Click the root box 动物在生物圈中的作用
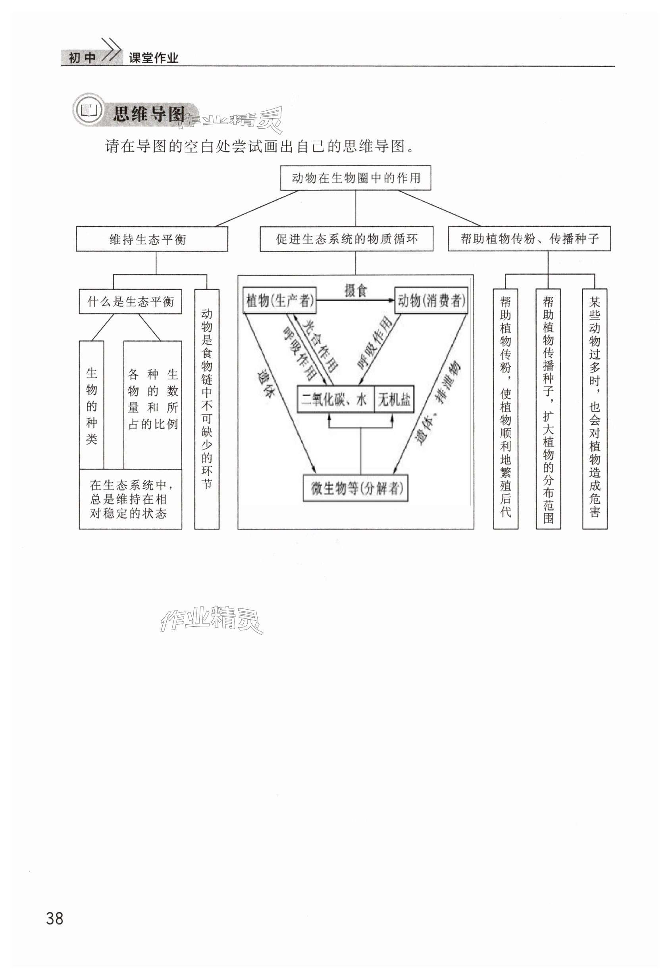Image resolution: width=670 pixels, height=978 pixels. point(356,178)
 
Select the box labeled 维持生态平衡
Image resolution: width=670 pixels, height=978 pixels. point(152,239)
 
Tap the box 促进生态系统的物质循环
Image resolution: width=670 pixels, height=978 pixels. point(347,239)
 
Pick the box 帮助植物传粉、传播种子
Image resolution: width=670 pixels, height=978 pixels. point(529,239)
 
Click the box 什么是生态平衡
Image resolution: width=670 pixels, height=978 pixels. point(130,301)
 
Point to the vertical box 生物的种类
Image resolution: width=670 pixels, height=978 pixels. point(91,405)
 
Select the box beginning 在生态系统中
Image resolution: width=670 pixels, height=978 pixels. point(131,499)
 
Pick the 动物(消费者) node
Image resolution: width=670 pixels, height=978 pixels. point(431,300)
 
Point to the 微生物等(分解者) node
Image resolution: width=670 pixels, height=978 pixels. point(356,488)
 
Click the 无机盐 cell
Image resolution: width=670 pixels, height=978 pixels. point(394,399)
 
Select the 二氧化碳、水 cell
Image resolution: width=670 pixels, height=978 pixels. point(335,399)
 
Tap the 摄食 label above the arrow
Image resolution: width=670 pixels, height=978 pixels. point(356,291)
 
